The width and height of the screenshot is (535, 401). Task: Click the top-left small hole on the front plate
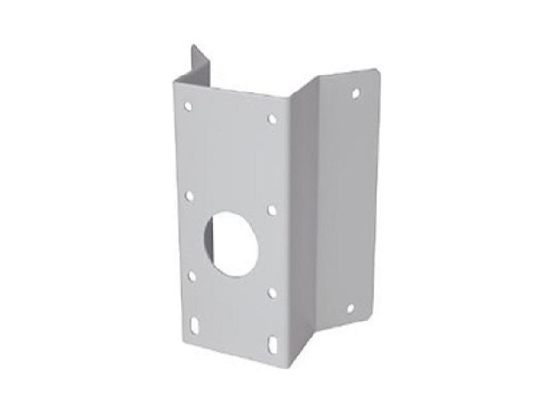(188, 106)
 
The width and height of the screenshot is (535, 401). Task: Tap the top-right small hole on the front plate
(272, 119)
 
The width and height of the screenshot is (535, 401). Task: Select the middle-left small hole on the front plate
(189, 196)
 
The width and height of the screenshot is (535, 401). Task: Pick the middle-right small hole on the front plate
(272, 210)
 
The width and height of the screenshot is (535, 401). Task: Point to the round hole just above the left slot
(192, 275)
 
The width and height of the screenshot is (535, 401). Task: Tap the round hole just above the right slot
(272, 292)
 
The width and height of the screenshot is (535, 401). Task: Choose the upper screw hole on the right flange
(356, 93)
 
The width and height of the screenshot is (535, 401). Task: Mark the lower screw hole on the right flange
(349, 308)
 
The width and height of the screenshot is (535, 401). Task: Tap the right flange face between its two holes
(351, 200)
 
